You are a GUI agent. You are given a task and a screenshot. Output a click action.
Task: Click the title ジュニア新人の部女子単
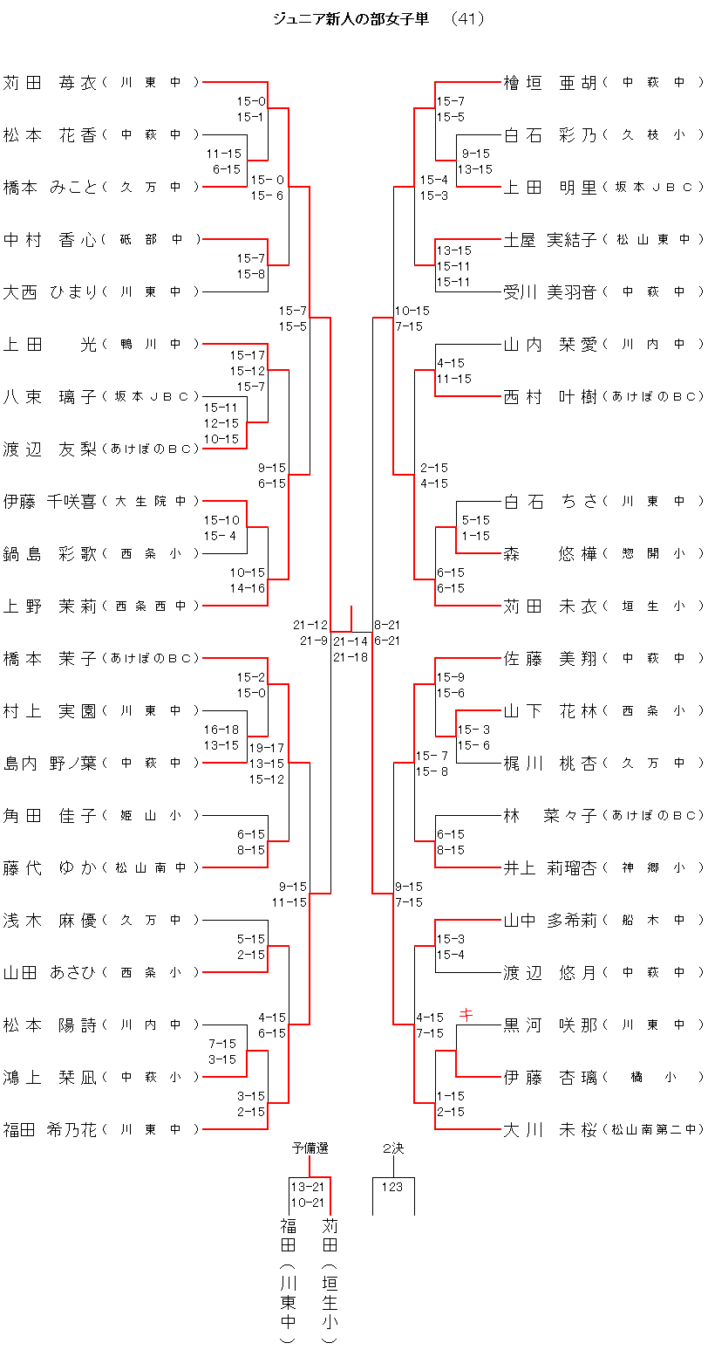point(351,19)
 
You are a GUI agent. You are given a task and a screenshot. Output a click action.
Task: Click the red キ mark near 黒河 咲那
point(466,1014)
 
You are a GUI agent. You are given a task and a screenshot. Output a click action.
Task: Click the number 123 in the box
point(392,1187)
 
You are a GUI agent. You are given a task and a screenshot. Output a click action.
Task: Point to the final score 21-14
point(351,641)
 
